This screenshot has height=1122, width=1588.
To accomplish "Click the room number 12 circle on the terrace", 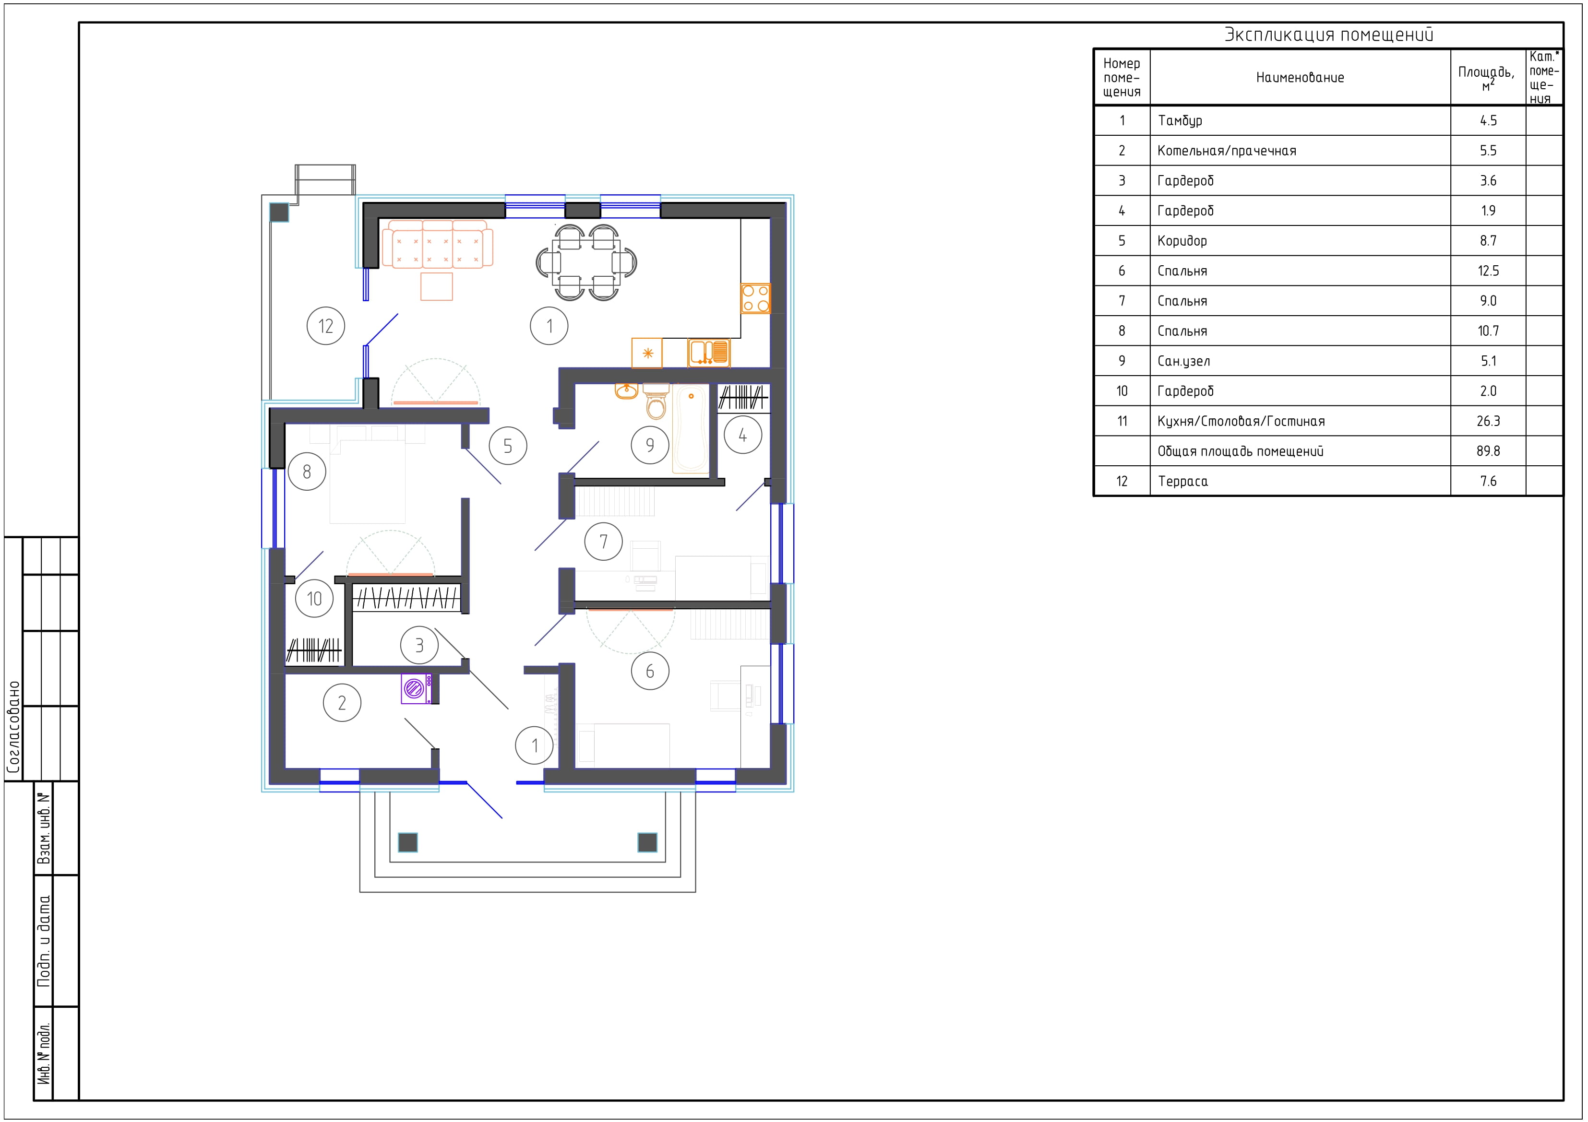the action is point(326,326).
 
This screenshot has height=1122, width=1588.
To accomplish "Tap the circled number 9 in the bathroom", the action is point(650,445).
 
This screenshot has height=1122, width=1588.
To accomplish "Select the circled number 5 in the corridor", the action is point(508,446).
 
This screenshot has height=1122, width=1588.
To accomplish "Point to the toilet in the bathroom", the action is point(656,402).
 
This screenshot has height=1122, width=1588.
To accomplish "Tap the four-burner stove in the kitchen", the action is point(755,299).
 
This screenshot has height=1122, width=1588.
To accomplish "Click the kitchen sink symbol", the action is point(709,353).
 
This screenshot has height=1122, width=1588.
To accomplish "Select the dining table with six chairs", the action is point(586,262).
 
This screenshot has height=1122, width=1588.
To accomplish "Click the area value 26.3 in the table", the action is point(1488,421).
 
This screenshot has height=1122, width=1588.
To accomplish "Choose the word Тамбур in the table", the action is point(1180,121).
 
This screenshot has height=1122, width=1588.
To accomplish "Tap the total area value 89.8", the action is point(1488,451).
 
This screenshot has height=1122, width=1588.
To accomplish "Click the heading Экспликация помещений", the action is point(1329,35).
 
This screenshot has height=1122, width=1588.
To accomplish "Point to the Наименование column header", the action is point(1300,77).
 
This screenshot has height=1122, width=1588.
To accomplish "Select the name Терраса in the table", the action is point(1182,481).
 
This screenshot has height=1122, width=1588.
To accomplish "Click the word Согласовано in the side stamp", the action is point(13,727).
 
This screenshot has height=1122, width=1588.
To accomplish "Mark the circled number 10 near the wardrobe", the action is point(315,599).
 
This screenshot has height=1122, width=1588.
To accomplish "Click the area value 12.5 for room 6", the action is point(1488,271).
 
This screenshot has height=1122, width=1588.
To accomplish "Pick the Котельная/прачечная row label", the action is point(1227,151).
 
